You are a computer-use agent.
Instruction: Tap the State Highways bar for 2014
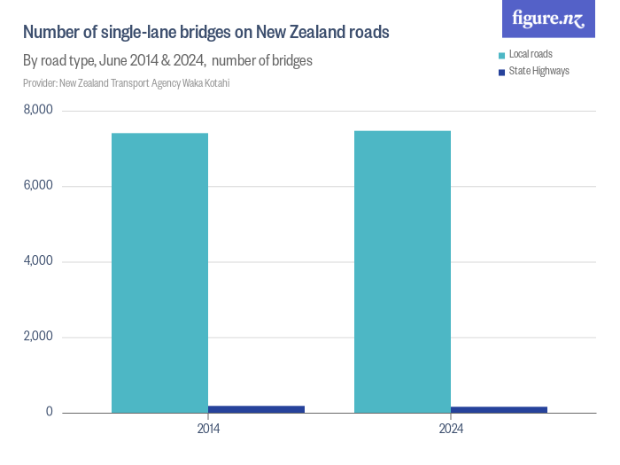[x=256, y=409]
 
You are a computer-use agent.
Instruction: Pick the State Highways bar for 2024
[x=499, y=409]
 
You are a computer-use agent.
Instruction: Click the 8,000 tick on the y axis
[x=38, y=110]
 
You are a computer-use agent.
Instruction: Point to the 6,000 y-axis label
[x=38, y=186]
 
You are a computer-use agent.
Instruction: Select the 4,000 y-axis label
[x=38, y=261]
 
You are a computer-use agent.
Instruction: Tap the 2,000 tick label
[x=38, y=337]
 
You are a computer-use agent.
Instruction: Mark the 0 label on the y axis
[x=50, y=413]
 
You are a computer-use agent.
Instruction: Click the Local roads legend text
[x=531, y=55]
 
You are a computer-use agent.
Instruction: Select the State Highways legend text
[x=539, y=71]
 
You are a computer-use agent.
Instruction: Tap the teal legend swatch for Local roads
[x=501, y=55]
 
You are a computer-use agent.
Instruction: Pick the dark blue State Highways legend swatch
[x=501, y=71]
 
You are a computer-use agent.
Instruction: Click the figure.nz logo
[x=549, y=19]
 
